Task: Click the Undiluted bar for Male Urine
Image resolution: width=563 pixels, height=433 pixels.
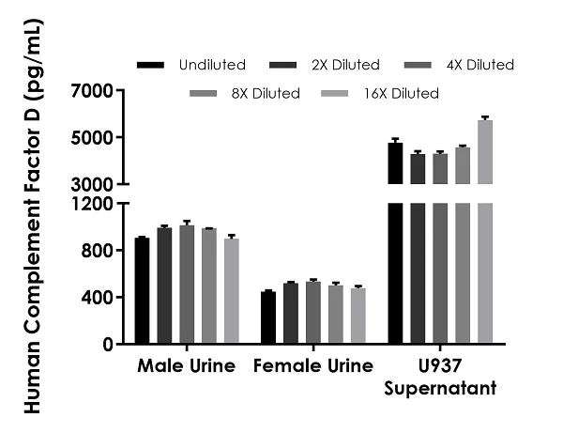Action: click(x=142, y=291)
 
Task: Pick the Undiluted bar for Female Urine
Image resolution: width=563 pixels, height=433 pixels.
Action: click(x=268, y=318)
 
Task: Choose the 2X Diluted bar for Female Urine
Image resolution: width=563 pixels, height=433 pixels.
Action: click(x=291, y=314)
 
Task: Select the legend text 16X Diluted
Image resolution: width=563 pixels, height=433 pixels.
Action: click(x=400, y=94)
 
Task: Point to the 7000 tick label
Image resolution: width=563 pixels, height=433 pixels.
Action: click(x=91, y=91)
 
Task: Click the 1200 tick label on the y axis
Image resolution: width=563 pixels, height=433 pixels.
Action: click(x=91, y=204)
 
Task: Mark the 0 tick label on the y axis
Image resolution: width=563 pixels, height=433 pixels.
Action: click(x=108, y=345)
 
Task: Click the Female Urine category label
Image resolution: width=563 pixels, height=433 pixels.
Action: click(x=313, y=365)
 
